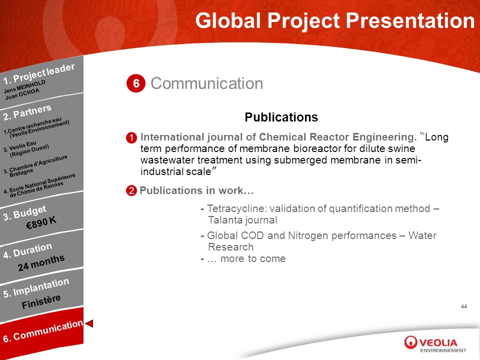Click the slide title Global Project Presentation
coord(335,21)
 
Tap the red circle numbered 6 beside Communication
coord(136,83)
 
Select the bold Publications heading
coord(281,117)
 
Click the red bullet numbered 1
coord(131,138)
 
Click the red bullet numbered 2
coord(131,190)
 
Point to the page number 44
coord(464,306)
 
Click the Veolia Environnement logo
coord(435,344)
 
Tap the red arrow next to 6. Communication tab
coord(89,323)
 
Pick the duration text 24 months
coord(41,262)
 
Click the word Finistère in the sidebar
coord(41,302)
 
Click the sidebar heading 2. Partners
coord(27,112)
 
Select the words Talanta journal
coord(242,220)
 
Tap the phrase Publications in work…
coord(197,190)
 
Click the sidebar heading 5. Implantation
coord(36,288)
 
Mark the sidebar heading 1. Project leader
coord(39,73)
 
